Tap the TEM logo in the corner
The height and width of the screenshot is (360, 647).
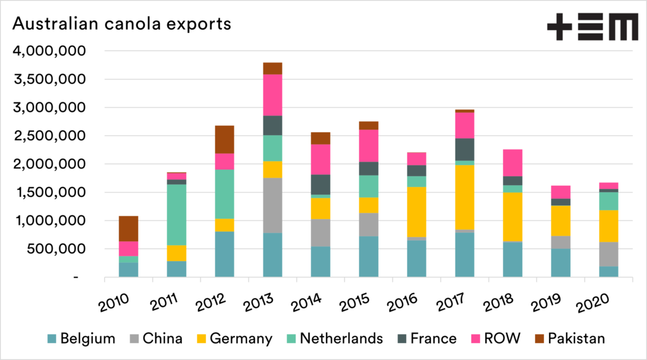[591, 28]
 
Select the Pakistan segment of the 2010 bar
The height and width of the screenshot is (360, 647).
[128, 229]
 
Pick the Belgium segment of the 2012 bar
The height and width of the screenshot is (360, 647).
[224, 254]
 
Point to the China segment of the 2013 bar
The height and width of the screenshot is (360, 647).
[272, 205]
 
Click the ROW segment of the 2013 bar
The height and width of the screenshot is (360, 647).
[272, 95]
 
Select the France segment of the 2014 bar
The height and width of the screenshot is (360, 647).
[320, 184]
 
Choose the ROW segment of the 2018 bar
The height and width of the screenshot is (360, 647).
[512, 162]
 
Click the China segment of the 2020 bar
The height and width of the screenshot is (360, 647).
[608, 254]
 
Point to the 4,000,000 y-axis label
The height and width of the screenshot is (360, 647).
[50, 51]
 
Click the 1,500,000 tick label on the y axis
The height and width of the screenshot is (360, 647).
[50, 193]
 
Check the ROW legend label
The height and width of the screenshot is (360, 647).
[502, 339]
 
